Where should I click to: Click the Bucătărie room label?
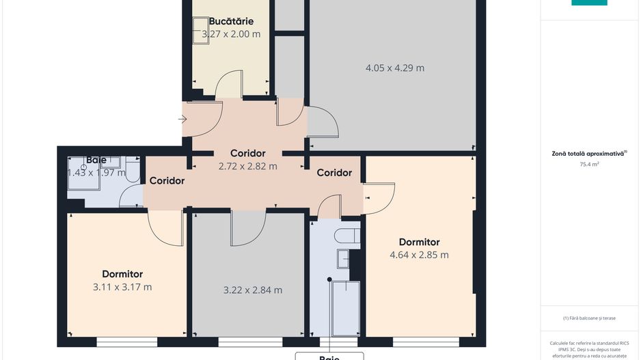point(231,21)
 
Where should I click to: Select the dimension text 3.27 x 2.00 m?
point(231,33)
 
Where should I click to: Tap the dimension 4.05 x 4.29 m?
point(394,68)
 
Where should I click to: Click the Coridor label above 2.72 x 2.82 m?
point(247,153)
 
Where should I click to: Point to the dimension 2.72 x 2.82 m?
point(247,166)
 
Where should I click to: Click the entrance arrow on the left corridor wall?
point(182,120)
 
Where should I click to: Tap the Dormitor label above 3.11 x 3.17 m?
point(122,274)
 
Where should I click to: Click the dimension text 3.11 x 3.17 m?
point(122,287)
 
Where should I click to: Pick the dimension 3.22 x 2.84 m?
point(253,290)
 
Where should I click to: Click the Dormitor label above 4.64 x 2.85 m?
point(419,242)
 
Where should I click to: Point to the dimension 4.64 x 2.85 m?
point(419,255)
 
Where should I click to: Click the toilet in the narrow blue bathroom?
point(348,236)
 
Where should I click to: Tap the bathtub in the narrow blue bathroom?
point(344,308)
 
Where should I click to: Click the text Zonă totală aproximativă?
point(588,154)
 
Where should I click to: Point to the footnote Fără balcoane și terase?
point(588,318)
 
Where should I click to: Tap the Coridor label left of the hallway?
point(167,181)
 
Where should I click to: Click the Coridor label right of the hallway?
point(334,173)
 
